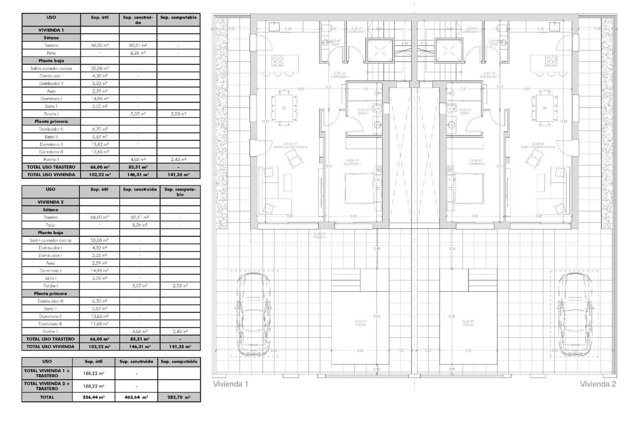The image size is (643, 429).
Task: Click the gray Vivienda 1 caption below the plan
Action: tap(231, 384)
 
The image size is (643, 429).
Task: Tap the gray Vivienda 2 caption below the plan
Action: tap(598, 384)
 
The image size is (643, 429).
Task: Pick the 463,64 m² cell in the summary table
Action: tap(136, 397)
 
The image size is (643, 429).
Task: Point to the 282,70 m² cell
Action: tap(179, 397)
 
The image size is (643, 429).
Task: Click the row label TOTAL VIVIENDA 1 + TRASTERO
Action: tap(47, 373)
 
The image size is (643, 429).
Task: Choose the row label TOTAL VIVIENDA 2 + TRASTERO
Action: tap(47, 386)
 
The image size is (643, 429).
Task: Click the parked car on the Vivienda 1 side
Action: tap(254, 315)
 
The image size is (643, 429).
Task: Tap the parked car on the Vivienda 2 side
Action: tap(575, 315)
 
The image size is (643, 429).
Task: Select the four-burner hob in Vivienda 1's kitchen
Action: tap(278, 61)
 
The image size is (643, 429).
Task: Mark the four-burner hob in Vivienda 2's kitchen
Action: tap(551, 61)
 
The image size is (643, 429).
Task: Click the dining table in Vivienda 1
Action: tap(284, 108)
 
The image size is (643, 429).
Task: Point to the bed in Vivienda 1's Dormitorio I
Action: tap(360, 188)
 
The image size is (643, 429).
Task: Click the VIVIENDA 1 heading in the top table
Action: tap(51, 30)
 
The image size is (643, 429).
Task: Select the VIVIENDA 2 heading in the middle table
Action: tap(51, 202)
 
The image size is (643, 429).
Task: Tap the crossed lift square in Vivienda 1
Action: tap(379, 51)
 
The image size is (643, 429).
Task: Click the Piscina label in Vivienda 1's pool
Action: tap(360, 324)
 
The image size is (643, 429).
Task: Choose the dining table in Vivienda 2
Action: tap(545, 108)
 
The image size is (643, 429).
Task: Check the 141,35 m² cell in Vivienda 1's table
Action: tap(178, 175)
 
